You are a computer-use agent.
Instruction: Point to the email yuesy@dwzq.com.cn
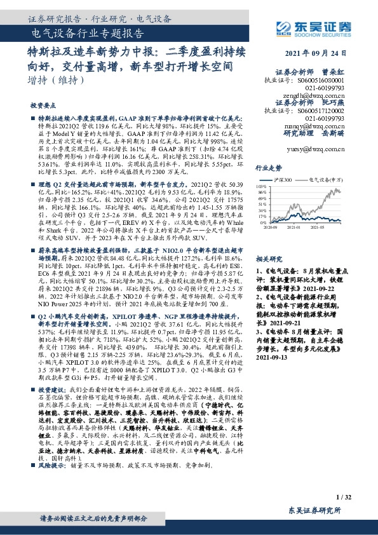(x=317, y=149)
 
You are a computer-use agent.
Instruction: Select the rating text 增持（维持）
(x=56, y=81)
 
